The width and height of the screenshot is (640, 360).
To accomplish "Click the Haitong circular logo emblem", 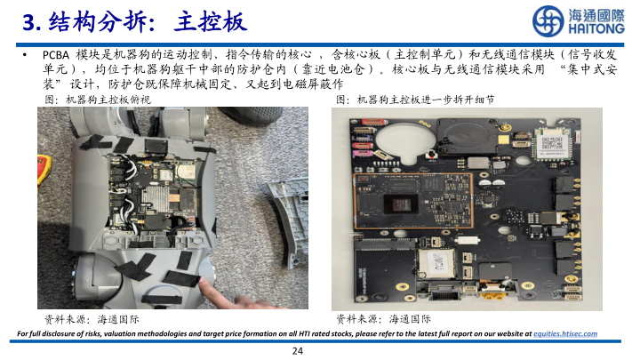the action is tap(548, 20).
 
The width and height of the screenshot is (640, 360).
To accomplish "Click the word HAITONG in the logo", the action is tap(596, 28).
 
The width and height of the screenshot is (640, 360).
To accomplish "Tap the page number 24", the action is tap(298, 350).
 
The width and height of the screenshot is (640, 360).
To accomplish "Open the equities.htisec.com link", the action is tap(565, 333).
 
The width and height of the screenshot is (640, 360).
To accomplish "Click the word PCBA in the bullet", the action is tap(56, 55).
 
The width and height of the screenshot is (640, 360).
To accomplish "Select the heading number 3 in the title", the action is tap(29, 22).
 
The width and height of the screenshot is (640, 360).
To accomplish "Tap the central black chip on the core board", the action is tap(402, 204).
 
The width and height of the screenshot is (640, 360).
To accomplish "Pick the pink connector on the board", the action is tap(362, 154).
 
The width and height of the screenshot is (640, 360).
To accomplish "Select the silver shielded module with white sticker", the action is tap(436, 263).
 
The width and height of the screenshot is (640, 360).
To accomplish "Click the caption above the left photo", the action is tap(98, 100).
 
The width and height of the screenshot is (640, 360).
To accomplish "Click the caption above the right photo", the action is tap(415, 100).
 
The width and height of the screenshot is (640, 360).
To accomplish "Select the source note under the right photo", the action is tap(383, 319).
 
